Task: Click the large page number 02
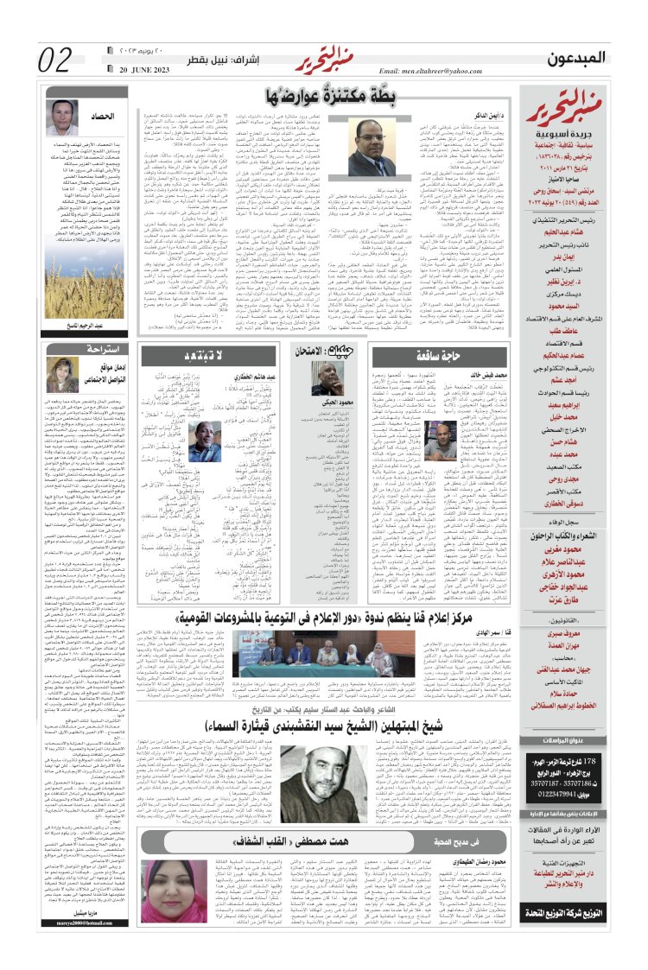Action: click(x=56, y=60)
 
